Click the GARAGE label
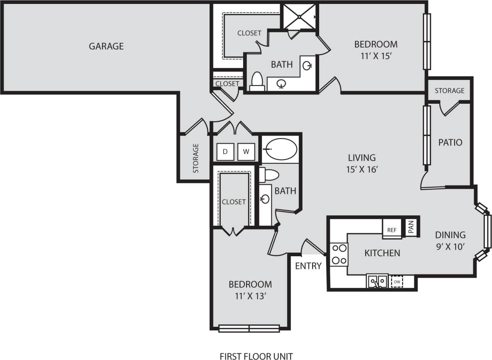point(106,46)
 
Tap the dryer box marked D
point(225,151)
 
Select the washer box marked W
point(246,151)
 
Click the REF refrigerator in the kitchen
point(392,230)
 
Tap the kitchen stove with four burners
point(339,254)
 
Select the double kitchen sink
point(377,281)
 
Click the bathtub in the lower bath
point(280,149)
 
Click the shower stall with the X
point(299,17)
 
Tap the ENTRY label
point(308,266)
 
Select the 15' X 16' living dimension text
point(362,170)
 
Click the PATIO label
point(450,142)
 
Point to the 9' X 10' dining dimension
point(450,247)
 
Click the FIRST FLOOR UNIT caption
point(256,356)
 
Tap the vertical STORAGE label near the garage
point(196,158)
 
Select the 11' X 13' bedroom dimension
point(250,296)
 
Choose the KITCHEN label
point(382,253)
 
